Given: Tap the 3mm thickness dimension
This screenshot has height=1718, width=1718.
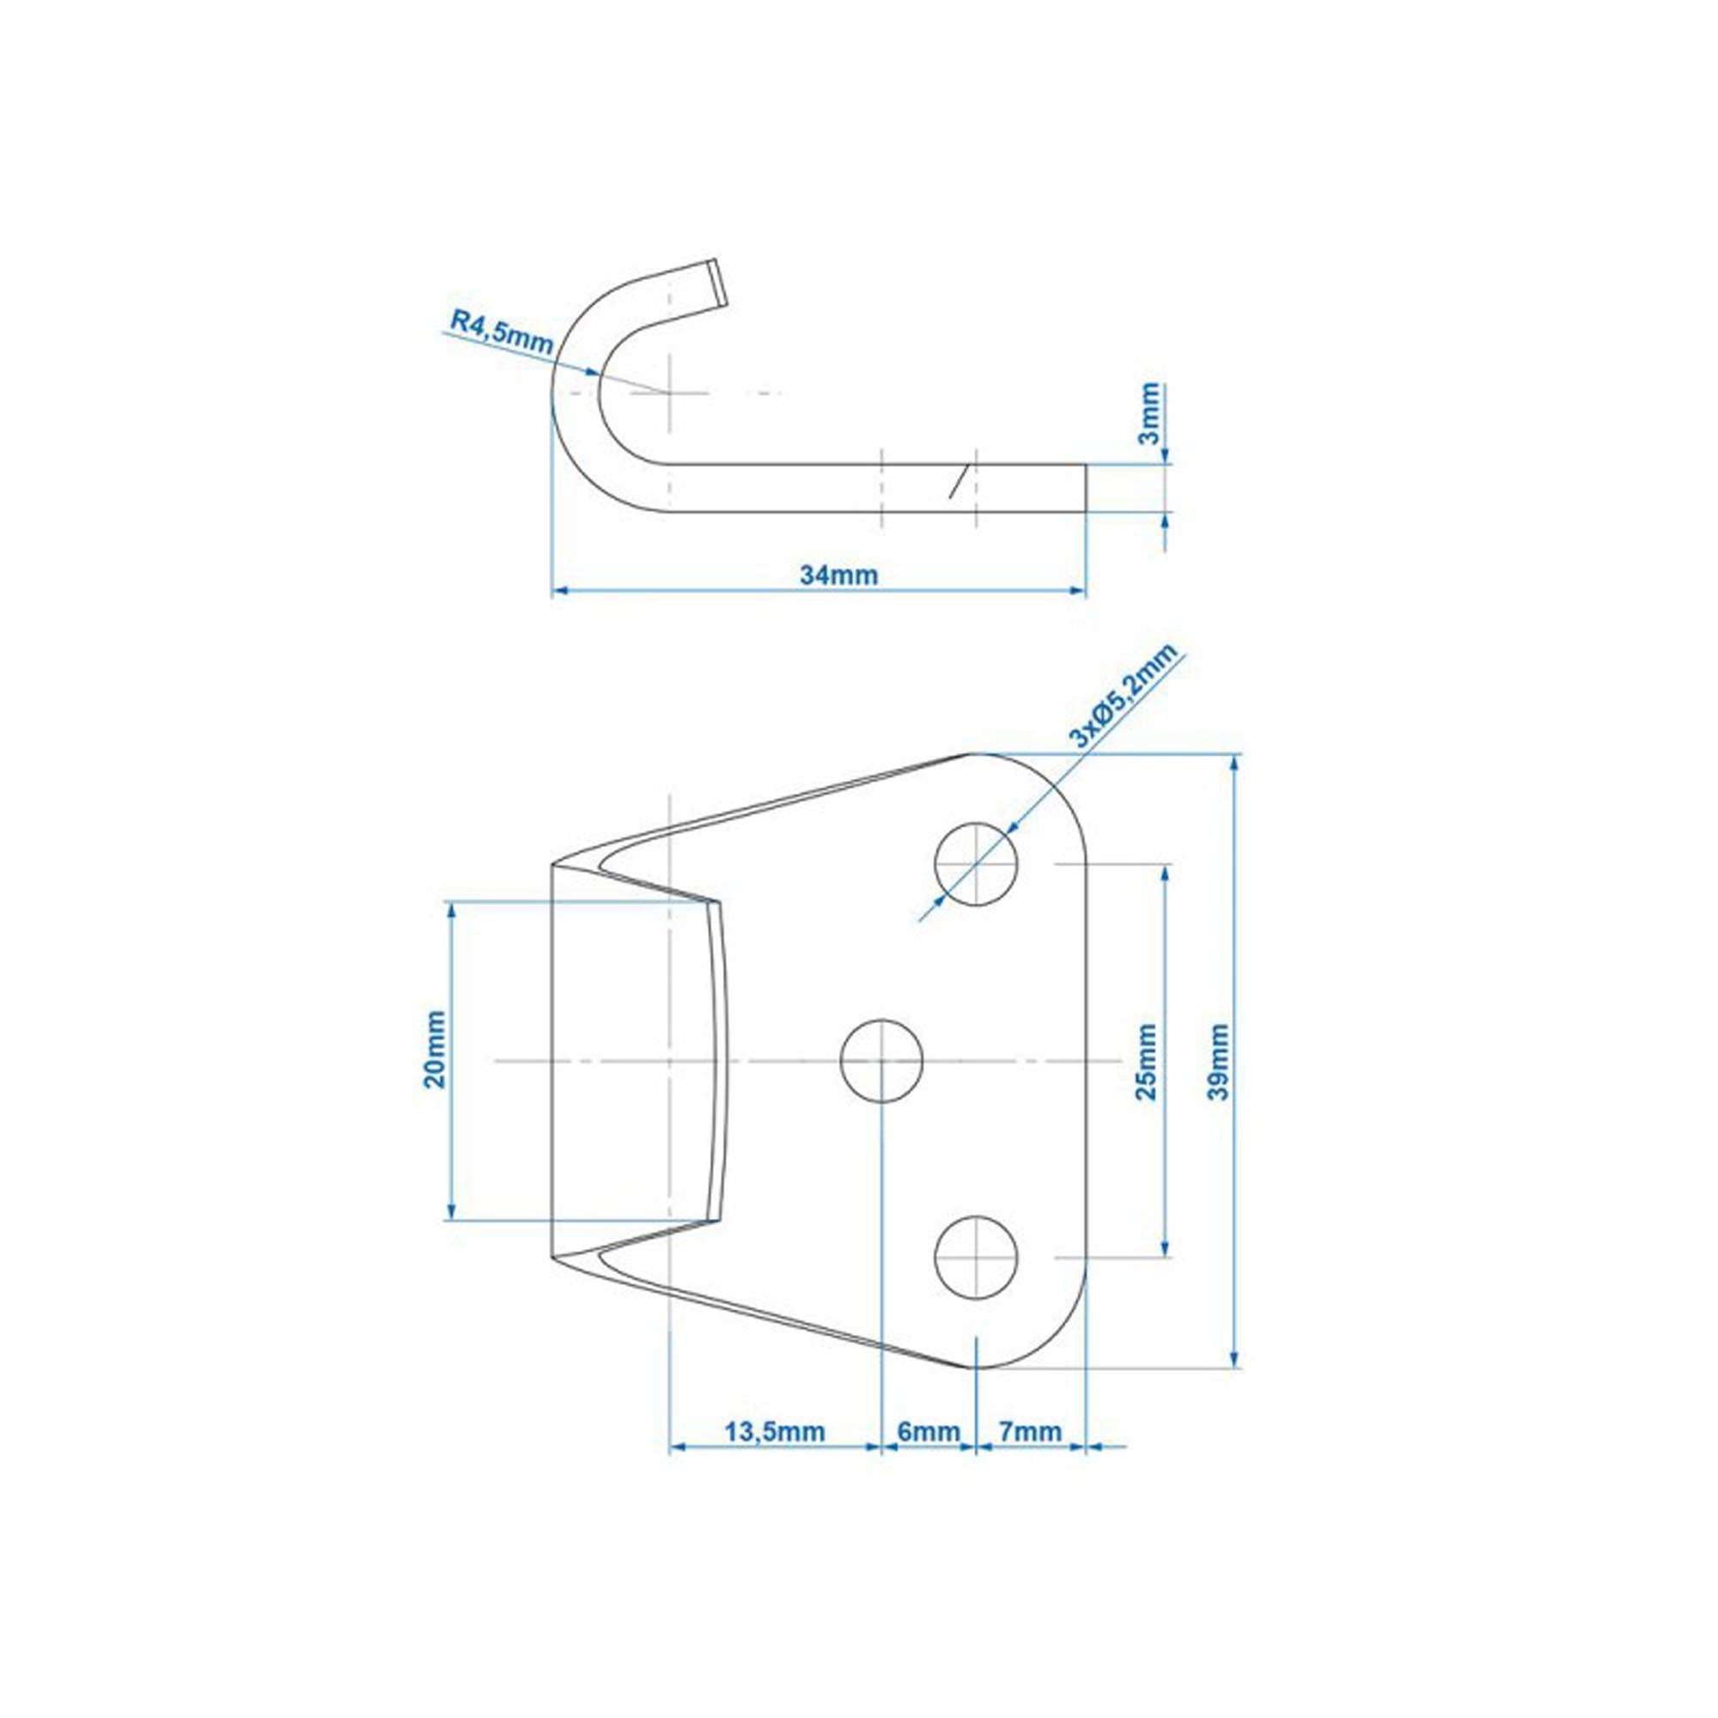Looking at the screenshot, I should [x=1151, y=413].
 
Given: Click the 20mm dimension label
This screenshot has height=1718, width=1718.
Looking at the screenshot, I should [x=435, y=1061].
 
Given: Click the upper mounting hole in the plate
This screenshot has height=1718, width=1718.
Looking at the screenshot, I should [x=976, y=863].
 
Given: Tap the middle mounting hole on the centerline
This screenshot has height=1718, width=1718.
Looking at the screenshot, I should [x=881, y=1060].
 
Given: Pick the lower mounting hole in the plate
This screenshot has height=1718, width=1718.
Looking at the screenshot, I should [x=976, y=1257].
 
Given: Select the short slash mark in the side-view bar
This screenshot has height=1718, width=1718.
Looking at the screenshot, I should [x=956, y=481].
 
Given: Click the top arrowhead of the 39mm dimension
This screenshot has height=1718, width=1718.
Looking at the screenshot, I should [x=1234, y=761].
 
